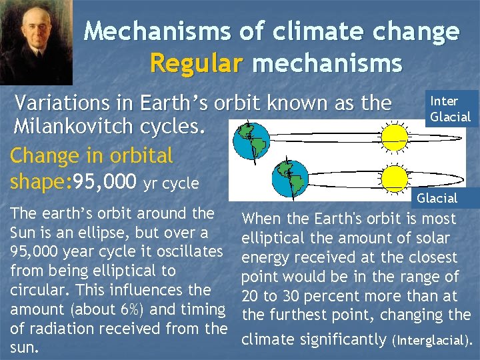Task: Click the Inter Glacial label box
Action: (x=450, y=109)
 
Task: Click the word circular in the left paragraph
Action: (x=34, y=291)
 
